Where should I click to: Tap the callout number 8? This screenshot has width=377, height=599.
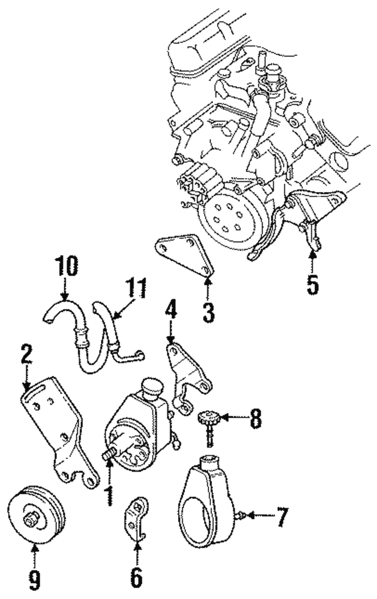click(255, 419)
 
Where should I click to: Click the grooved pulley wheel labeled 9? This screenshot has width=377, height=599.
click(37, 518)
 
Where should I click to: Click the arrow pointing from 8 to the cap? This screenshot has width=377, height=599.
click(232, 418)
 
